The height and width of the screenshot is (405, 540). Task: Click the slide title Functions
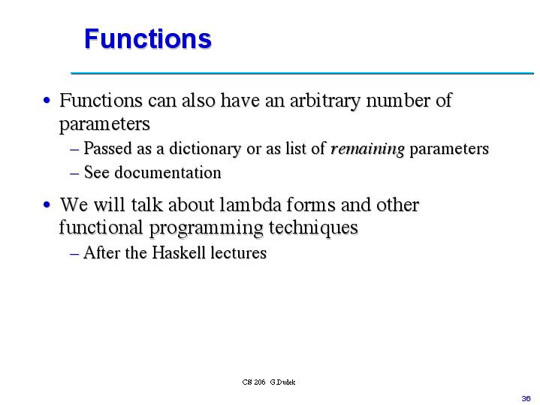click(147, 38)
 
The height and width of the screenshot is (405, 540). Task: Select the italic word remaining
click(367, 149)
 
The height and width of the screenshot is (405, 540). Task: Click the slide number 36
click(526, 397)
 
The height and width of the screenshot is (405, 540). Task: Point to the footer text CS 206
click(254, 382)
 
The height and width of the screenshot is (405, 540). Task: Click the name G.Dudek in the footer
click(283, 382)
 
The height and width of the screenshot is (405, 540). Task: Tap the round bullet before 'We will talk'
click(47, 204)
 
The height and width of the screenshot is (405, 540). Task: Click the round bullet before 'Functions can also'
click(47, 101)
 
